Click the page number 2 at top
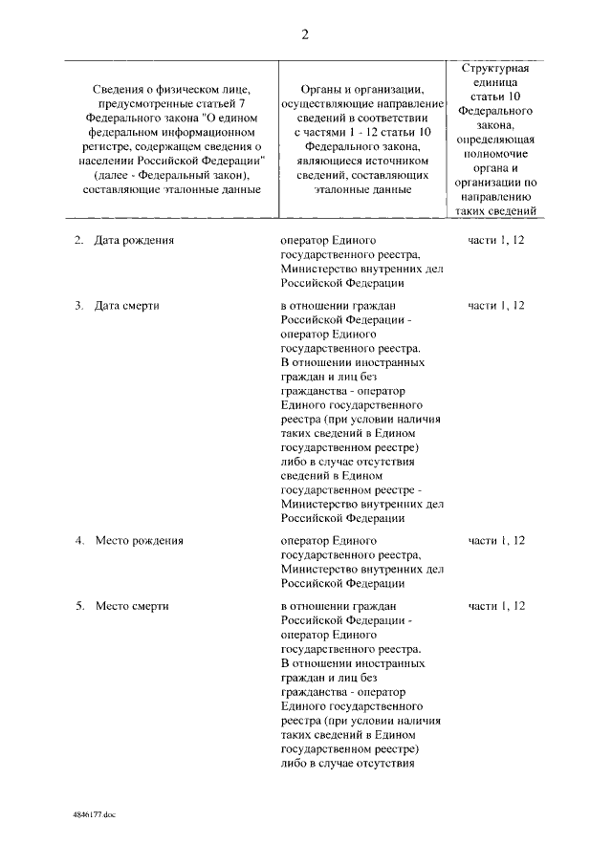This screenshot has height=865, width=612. click(305, 35)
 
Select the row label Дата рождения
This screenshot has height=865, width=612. click(134, 240)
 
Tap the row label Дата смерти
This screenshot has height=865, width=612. click(126, 306)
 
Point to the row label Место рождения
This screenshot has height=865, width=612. click(139, 540)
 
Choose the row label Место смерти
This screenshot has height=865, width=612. click(132, 606)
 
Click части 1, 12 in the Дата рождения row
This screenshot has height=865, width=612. click(496, 240)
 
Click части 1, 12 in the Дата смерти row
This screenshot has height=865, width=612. click(496, 306)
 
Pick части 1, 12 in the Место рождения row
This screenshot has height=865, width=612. click(496, 540)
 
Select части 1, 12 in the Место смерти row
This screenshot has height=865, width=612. click(496, 606)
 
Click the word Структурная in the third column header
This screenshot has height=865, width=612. click(495, 70)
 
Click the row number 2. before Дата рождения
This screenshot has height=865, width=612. click(79, 240)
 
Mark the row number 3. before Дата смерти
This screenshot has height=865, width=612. click(79, 306)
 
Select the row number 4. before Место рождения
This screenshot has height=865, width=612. click(79, 540)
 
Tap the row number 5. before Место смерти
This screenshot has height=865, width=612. click(79, 606)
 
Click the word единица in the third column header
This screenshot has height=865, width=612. click(495, 84)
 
